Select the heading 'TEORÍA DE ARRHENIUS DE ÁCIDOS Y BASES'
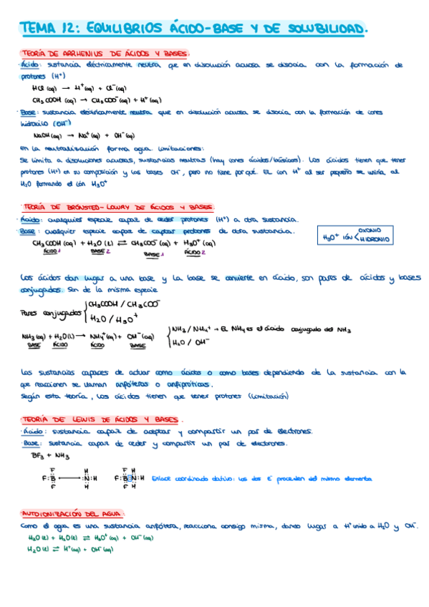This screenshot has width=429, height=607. [103, 54]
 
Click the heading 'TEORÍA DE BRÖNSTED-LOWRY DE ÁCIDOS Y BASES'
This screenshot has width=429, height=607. [115, 206]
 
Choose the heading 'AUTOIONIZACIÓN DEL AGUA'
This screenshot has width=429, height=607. [72, 514]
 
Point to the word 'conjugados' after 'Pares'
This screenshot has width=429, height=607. [62, 312]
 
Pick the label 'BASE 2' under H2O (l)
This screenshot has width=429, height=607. [97, 252]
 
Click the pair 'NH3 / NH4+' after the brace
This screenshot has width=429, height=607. [190, 330]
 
